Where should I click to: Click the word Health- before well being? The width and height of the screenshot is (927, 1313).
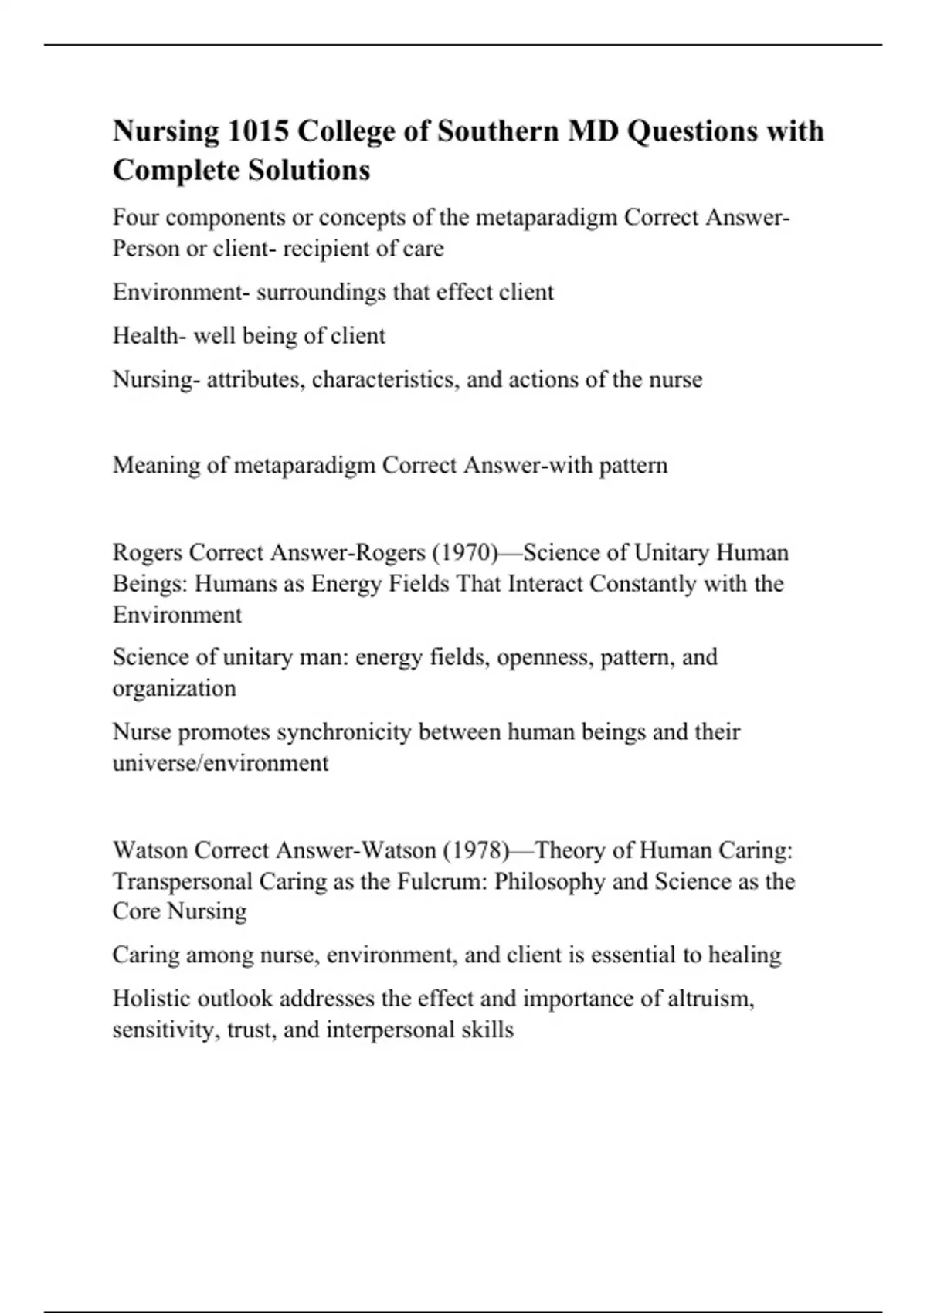coord(149,336)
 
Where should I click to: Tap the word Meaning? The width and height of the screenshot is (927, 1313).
coord(156,466)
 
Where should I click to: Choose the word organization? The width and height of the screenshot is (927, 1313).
coord(175,688)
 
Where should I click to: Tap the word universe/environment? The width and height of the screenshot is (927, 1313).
coord(221,763)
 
